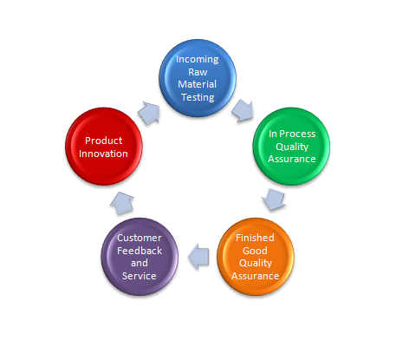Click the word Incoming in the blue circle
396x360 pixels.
click(x=198, y=60)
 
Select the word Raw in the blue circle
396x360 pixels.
click(x=198, y=72)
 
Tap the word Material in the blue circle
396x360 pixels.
click(x=198, y=84)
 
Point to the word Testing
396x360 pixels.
click(x=198, y=98)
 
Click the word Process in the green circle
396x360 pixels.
click(x=297, y=134)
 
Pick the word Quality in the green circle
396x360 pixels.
click(x=292, y=147)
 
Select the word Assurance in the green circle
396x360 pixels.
click(x=292, y=159)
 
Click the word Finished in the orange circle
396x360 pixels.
click(x=255, y=238)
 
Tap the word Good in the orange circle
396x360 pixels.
click(x=255, y=251)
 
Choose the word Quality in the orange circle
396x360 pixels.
click(x=256, y=264)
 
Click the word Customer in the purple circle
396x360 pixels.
click(x=140, y=238)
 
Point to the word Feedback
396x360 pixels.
click(x=140, y=251)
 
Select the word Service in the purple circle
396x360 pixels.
click(x=140, y=276)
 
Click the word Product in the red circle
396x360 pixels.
click(x=104, y=141)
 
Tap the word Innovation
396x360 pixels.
click(x=103, y=154)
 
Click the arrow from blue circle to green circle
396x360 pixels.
click(x=243, y=110)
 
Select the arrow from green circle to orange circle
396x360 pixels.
click(x=274, y=200)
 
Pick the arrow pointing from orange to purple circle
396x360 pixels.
click(x=198, y=257)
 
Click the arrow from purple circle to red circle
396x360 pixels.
click(x=122, y=203)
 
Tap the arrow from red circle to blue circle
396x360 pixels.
click(x=149, y=113)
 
